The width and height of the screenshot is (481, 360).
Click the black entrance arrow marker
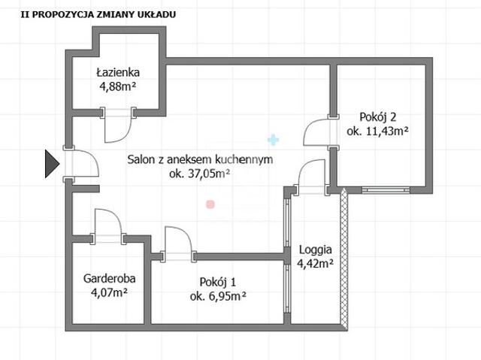click(52, 164)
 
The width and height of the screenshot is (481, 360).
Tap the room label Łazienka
click(118, 73)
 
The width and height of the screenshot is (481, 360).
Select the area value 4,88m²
click(117, 86)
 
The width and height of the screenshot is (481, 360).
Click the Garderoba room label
click(110, 278)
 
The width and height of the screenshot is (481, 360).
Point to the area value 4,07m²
click(109, 292)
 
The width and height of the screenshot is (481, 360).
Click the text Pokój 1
click(218, 282)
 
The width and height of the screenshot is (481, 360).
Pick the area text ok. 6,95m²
click(218, 296)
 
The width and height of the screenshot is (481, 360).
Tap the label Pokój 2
click(377, 117)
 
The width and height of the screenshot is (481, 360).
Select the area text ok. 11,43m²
click(377, 132)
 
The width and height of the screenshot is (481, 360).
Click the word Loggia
click(316, 250)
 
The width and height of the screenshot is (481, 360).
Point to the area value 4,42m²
click(316, 263)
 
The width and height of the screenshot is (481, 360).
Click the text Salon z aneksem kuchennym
click(200, 159)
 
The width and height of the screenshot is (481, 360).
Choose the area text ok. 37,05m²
click(200, 174)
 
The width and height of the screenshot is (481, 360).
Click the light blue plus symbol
click(273, 140)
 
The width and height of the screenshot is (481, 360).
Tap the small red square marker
click(210, 204)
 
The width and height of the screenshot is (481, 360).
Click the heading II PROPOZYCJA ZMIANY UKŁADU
click(98, 14)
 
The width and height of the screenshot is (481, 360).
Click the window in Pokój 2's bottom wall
click(386, 190)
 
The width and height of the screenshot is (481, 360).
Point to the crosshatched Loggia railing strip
click(344, 259)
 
